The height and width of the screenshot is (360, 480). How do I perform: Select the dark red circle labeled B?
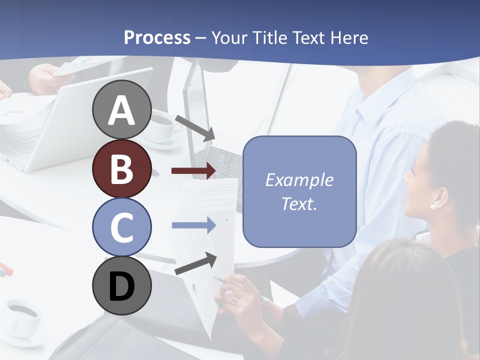(x=121, y=168)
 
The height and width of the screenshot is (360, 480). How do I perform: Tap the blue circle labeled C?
(x=121, y=227)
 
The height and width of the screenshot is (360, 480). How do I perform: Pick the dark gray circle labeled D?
(x=121, y=285)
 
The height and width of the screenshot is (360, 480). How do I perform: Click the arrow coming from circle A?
(x=195, y=128)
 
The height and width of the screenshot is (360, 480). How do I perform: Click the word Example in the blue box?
(x=299, y=180)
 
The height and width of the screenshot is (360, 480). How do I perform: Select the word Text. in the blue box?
(x=299, y=203)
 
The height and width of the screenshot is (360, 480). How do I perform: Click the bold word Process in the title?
(x=157, y=37)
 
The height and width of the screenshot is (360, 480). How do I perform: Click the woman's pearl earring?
(x=432, y=206)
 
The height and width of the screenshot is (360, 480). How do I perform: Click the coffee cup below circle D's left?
(x=22, y=317)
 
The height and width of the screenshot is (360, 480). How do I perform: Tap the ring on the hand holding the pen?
(x=233, y=300)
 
